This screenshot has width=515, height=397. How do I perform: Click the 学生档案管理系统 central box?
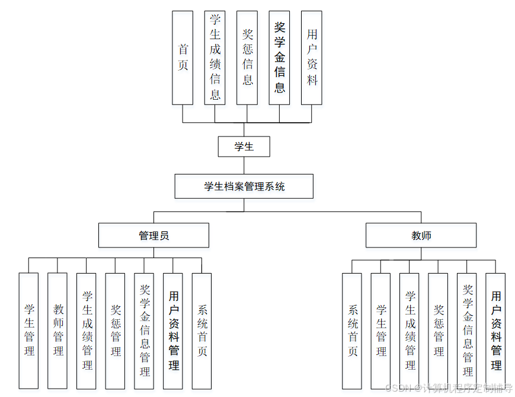pos(244,186)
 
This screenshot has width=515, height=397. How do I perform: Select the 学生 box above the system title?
pos(244,147)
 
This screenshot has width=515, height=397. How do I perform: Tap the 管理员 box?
pos(153,236)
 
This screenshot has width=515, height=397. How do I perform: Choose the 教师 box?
pos(421,236)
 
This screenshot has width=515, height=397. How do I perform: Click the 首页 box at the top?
pos(183,58)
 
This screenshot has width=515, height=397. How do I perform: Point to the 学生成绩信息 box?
pos(215,58)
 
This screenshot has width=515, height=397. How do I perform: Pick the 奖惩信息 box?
pos(247,58)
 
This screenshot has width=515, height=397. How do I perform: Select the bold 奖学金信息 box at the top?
pos(279,58)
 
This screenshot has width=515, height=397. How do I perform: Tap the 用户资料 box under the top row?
pos(311,58)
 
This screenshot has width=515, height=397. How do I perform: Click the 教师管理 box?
pos(57,331)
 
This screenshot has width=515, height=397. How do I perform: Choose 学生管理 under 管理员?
pos(28,331)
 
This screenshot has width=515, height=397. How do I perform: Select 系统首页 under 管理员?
pos(201,331)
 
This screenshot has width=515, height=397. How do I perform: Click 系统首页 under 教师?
pos(352,331)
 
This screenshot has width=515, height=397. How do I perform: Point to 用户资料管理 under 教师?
pos(495,331)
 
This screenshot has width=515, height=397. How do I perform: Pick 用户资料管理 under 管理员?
pos(173,331)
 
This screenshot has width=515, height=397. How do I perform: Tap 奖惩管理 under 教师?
pos(438,331)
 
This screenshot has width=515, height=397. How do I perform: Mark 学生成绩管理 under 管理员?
pos(87,331)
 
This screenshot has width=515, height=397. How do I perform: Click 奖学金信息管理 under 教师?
pos(467,331)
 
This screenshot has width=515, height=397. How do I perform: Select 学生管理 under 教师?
pos(380,331)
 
